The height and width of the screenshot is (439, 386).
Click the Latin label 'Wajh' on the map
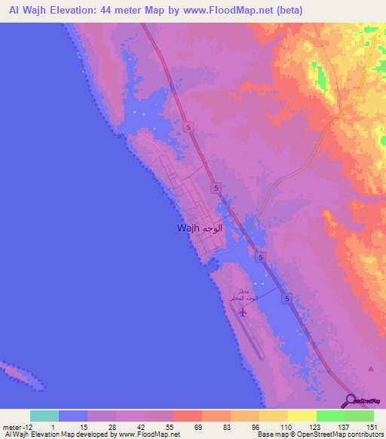pyautogui.click(x=188, y=229)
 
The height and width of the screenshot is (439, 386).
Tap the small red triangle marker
pyautogui.click(x=371, y=369)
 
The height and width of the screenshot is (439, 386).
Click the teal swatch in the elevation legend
pyautogui.click(x=44, y=416)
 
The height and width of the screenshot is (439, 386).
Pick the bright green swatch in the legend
pyautogui.click(x=331, y=416)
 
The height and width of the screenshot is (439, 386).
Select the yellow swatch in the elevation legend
pyautogui.click(x=274, y=416)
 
